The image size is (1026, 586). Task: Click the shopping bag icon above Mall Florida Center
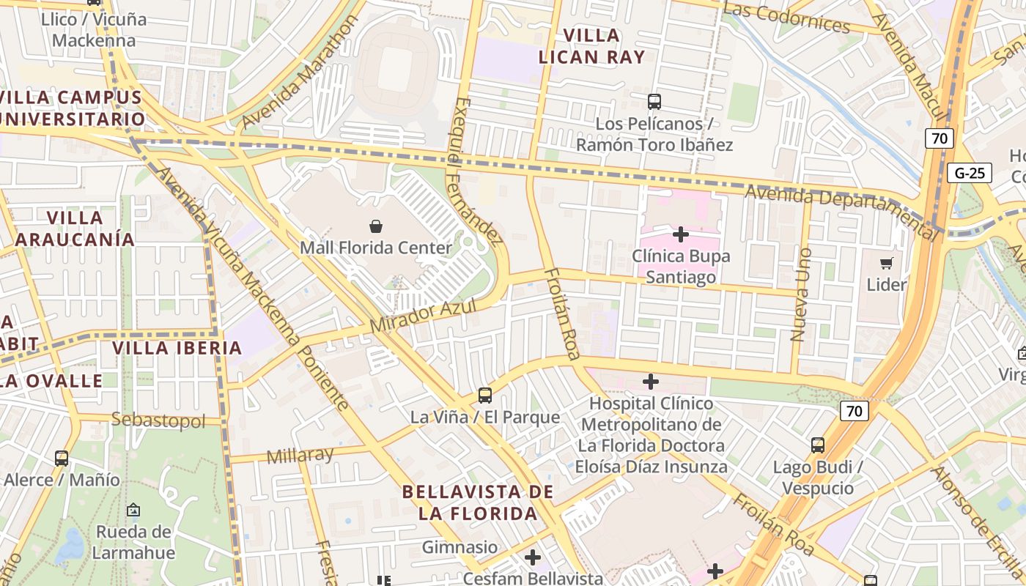click(x=376, y=226)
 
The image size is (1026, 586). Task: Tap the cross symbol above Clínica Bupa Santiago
click(x=681, y=234)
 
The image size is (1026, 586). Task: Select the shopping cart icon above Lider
click(x=887, y=263)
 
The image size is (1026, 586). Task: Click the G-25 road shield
click(x=970, y=173)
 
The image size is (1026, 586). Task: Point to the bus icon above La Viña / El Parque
click(x=485, y=396)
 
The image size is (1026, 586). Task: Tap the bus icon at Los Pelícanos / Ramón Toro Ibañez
click(x=654, y=102)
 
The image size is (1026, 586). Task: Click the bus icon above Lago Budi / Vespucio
click(x=818, y=445)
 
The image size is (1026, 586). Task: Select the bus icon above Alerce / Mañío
click(x=62, y=459)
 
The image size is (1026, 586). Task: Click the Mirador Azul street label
click(x=423, y=315)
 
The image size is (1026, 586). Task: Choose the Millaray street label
click(x=300, y=455)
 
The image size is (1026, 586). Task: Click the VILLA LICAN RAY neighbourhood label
click(x=592, y=46)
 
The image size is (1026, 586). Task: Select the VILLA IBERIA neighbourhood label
click(x=177, y=348)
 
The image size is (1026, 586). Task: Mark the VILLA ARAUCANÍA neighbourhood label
click(x=75, y=229)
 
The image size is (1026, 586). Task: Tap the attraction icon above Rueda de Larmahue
click(x=133, y=510)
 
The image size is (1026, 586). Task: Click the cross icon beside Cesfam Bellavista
click(x=533, y=557)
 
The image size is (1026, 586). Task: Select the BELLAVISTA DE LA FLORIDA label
click(x=478, y=502)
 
